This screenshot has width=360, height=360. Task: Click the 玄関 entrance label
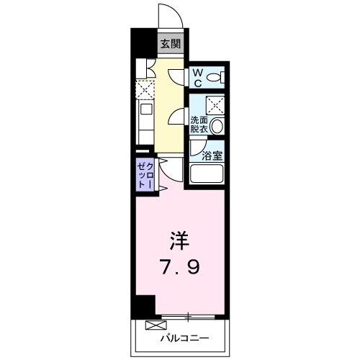(x=171, y=43)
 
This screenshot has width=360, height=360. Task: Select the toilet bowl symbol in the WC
(x=219, y=76)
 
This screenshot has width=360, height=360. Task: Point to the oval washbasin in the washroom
(x=218, y=127)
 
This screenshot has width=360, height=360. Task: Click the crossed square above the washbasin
(x=217, y=104)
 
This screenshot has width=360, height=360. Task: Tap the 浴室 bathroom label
(x=213, y=155)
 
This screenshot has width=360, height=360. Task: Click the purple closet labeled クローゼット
(x=144, y=175)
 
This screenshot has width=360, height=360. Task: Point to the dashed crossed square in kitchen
(x=144, y=89)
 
